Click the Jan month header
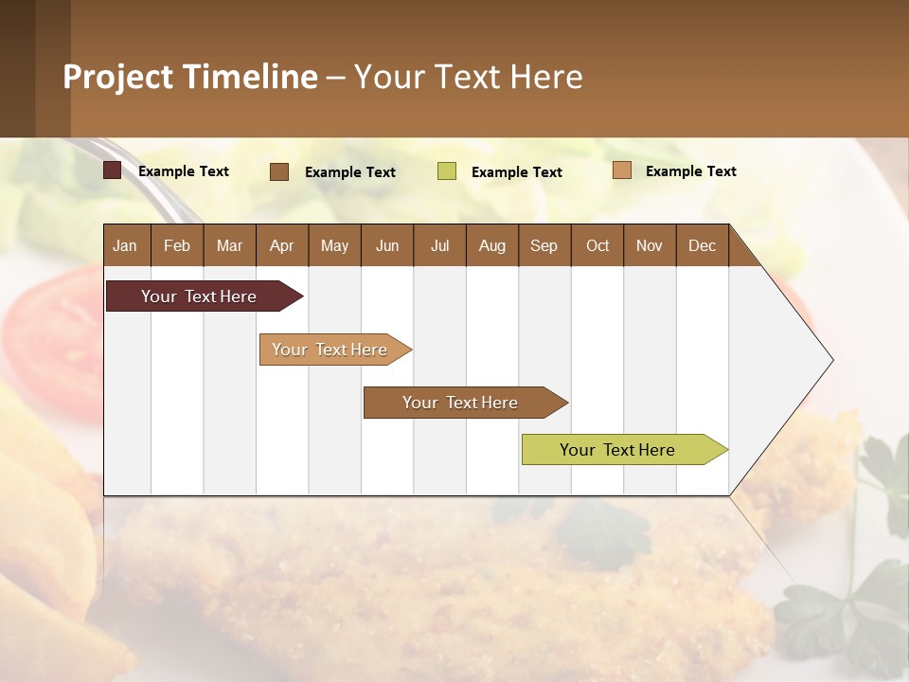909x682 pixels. click(x=125, y=245)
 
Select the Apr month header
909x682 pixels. click(x=281, y=245)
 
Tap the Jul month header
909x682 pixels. click(x=439, y=245)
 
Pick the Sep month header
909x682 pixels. click(x=544, y=245)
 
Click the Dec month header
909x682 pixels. click(x=702, y=245)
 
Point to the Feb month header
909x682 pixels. click(x=177, y=245)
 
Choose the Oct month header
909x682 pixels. click(x=597, y=245)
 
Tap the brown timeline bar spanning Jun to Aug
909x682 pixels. click(x=461, y=403)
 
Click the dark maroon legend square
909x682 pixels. click(x=112, y=170)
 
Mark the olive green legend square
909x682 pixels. click(x=447, y=171)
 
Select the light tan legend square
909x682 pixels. click(x=621, y=170)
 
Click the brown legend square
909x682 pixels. click(x=279, y=171)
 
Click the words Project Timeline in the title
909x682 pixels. click(x=190, y=77)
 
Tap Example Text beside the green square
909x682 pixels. click(x=516, y=172)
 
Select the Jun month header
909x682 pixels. click(x=387, y=245)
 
